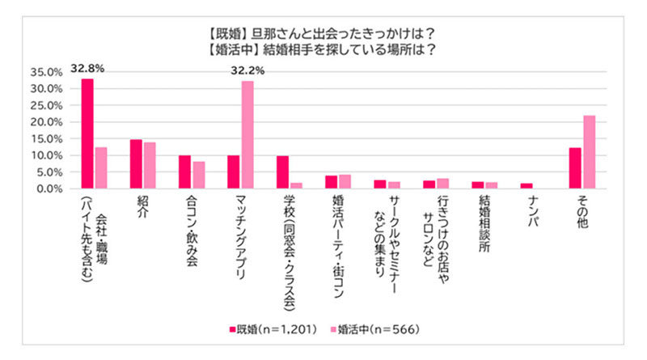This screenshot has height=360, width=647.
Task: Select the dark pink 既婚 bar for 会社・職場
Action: (87, 133)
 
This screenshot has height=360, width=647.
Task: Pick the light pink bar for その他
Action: (589, 152)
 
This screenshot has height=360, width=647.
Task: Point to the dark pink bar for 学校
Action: (282, 172)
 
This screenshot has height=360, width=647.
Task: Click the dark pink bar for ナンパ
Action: (526, 186)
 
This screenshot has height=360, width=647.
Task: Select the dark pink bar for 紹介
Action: (136, 164)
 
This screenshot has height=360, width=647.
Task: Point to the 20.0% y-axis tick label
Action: (46, 121)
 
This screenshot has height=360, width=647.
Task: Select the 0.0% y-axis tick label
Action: (49, 188)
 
